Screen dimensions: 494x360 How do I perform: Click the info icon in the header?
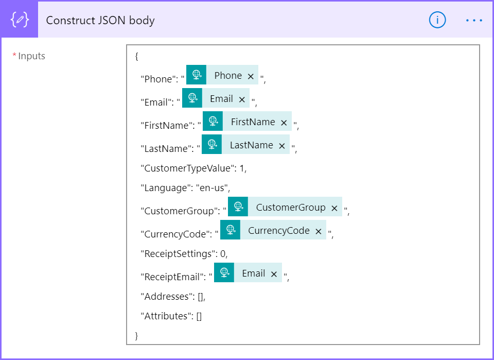point(437,20)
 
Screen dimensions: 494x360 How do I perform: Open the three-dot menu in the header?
point(474,21)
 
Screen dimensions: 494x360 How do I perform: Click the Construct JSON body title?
point(100,21)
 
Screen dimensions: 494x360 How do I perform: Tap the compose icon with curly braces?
point(20,20)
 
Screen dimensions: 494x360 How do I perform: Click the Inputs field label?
point(31,56)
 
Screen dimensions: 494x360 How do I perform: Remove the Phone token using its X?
point(251,76)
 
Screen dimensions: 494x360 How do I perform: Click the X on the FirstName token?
point(284,123)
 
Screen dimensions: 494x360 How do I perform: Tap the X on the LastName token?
point(282,146)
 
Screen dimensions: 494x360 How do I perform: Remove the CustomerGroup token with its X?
point(334,208)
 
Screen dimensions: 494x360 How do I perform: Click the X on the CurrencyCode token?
point(319,231)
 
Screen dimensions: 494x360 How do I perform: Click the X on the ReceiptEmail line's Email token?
point(274,275)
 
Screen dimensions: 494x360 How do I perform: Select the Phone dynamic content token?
point(222,75)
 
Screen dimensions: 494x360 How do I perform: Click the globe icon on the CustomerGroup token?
point(238,207)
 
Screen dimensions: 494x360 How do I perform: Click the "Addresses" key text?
point(167,297)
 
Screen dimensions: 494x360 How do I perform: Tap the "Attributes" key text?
point(166,316)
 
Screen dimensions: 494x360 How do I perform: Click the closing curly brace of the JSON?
point(136,336)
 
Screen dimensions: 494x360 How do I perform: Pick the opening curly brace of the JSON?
point(136,57)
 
